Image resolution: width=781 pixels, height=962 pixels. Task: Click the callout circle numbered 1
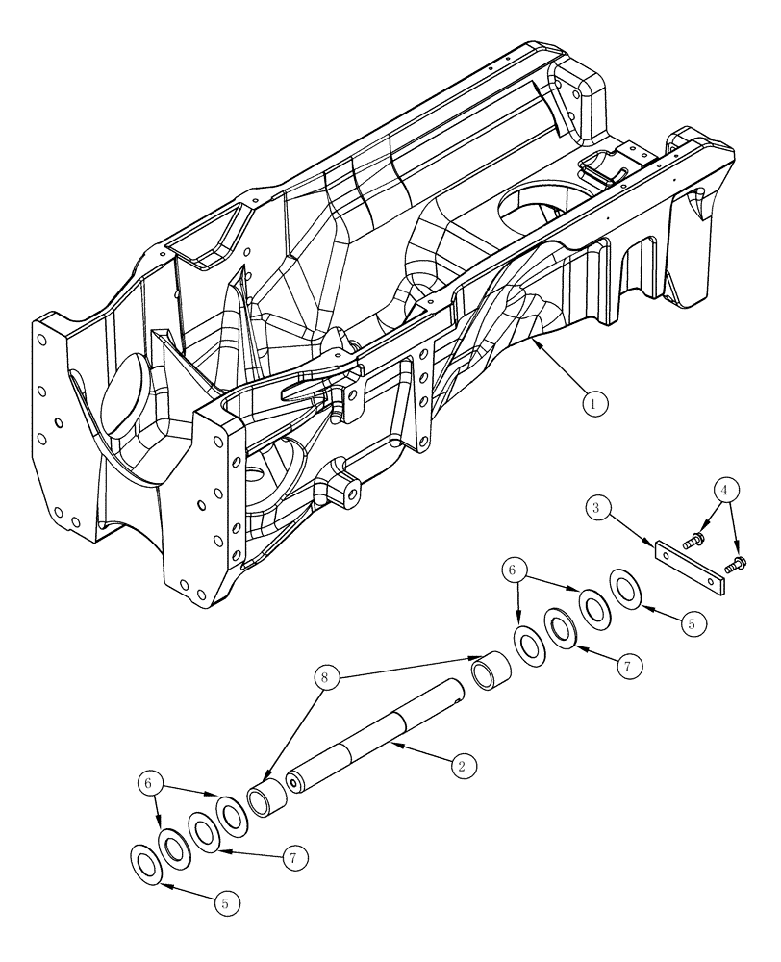595,405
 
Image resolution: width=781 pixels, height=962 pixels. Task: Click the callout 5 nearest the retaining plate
691,622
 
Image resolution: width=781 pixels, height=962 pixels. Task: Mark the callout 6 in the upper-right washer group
514,570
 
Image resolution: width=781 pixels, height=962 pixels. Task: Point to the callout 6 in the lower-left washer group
147,785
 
